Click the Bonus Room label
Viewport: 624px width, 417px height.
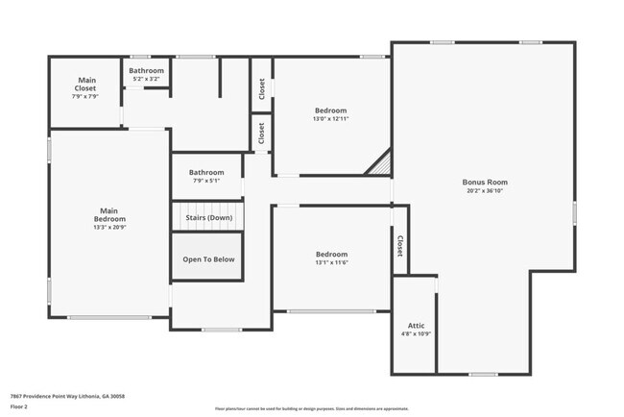(x=485, y=182)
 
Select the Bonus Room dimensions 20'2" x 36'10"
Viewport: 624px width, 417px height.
(x=485, y=191)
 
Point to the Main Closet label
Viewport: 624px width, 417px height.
(x=85, y=84)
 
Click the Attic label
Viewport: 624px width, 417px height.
(x=417, y=326)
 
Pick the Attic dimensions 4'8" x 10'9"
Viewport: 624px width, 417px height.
(x=417, y=334)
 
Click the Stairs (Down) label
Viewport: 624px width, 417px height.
(x=208, y=218)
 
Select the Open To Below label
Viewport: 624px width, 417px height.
(x=208, y=259)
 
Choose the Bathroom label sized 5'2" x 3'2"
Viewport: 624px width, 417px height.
(x=147, y=70)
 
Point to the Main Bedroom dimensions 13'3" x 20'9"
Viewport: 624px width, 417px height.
(x=109, y=228)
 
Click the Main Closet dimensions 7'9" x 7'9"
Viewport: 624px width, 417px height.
(x=85, y=97)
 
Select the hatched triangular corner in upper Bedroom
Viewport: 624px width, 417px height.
(x=381, y=165)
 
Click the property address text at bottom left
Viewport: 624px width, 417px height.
(x=67, y=396)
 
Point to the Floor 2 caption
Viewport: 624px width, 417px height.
(x=20, y=407)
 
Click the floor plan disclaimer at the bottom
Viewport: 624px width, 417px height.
(x=311, y=407)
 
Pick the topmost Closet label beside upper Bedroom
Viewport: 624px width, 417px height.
(x=261, y=88)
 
